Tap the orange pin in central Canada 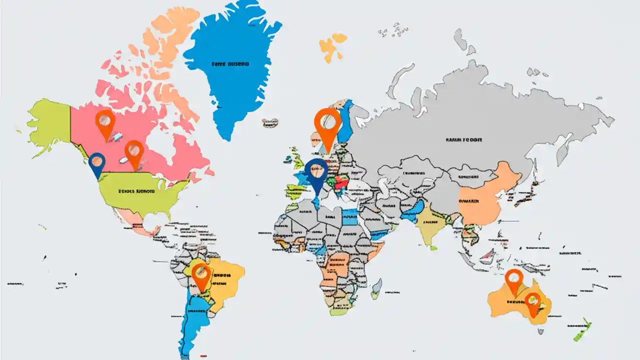point(134,151)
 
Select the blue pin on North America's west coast point(97,162)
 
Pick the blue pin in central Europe point(316,172)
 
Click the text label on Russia point(463,140)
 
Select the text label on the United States point(136,191)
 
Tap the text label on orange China point(468,201)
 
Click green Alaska point(50,122)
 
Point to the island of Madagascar point(377,288)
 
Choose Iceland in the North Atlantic point(270,122)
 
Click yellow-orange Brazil point(227,280)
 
